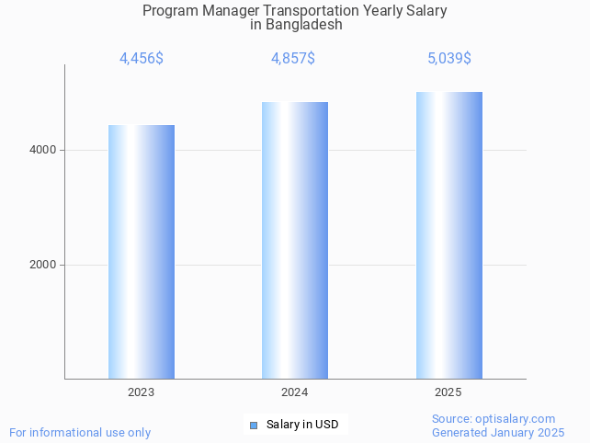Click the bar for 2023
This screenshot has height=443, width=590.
click(142, 252)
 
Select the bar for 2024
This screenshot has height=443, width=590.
click(295, 240)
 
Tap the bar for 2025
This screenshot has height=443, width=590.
click(448, 235)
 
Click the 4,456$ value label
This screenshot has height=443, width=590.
click(142, 59)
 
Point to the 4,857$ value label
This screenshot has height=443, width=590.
click(293, 59)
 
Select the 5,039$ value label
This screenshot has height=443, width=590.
click(448, 59)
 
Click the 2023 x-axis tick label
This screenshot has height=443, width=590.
click(142, 392)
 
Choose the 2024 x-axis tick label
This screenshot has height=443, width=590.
click(295, 392)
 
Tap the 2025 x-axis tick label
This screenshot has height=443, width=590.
click(448, 392)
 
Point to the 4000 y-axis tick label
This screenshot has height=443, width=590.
click(42, 150)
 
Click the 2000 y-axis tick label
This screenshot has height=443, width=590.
click(42, 265)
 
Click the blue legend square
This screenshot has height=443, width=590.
click(254, 425)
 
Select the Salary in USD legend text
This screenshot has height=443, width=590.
click(302, 425)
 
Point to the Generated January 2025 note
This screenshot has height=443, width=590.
click(498, 432)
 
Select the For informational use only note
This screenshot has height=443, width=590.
click(80, 432)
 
